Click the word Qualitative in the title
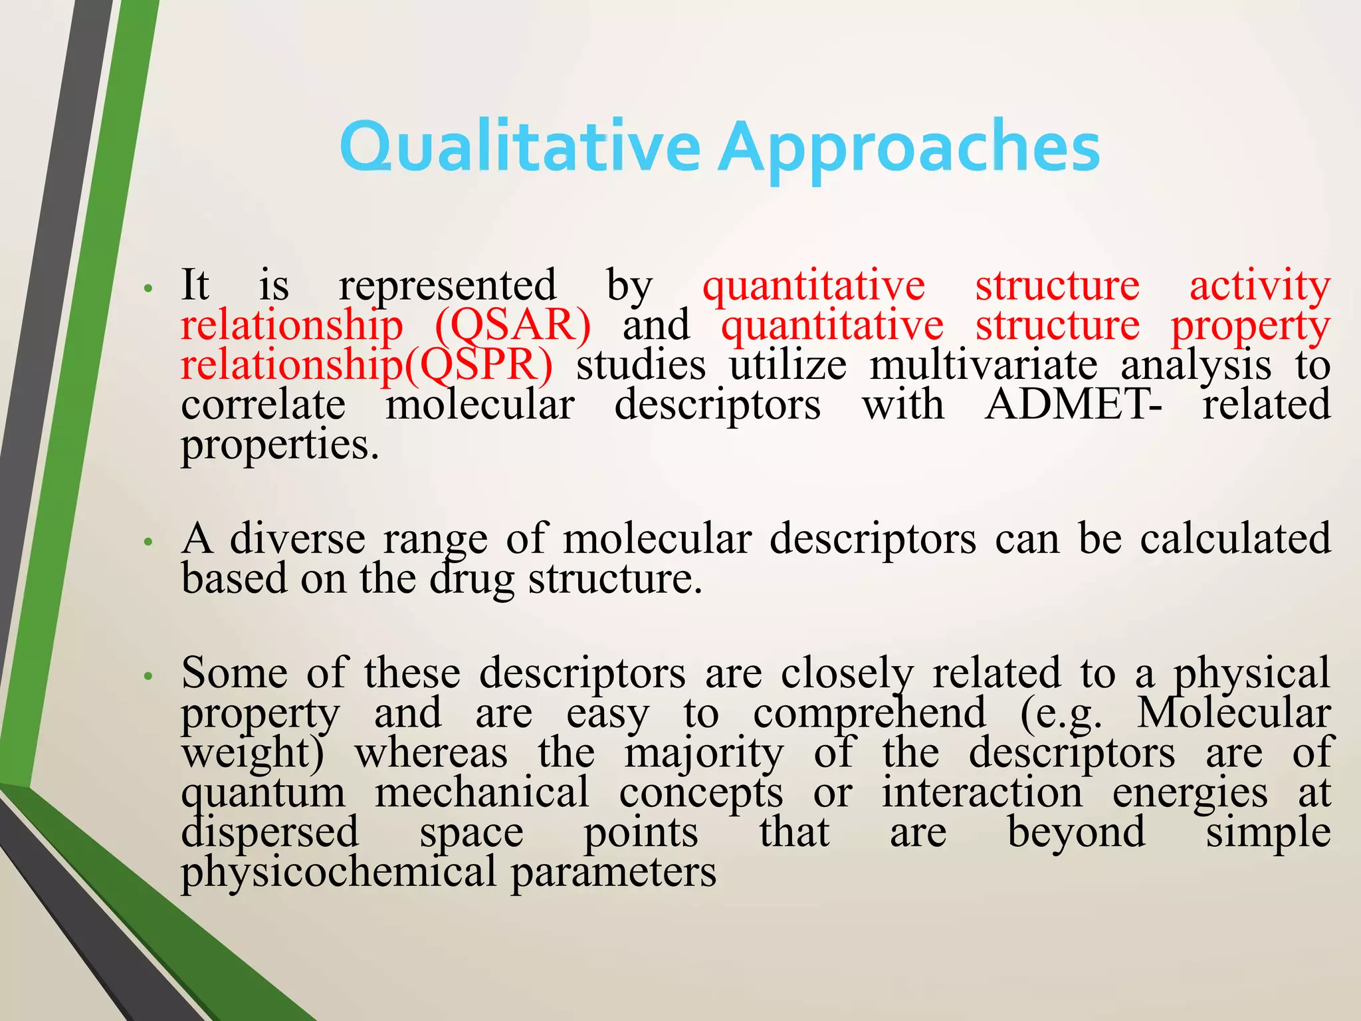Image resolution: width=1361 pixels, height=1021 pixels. (x=519, y=146)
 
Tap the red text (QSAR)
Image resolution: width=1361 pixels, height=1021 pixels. (x=512, y=326)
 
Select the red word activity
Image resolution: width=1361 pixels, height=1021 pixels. (x=1259, y=286)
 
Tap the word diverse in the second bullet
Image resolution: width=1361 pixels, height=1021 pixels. (x=297, y=538)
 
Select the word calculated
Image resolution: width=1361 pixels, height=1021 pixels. (x=1235, y=538)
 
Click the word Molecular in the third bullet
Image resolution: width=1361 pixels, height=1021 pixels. (x=1233, y=713)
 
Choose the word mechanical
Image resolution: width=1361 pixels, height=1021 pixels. (x=482, y=793)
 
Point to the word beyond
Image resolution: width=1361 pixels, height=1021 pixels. (x=1076, y=833)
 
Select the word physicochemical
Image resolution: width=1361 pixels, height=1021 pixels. (x=338, y=873)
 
